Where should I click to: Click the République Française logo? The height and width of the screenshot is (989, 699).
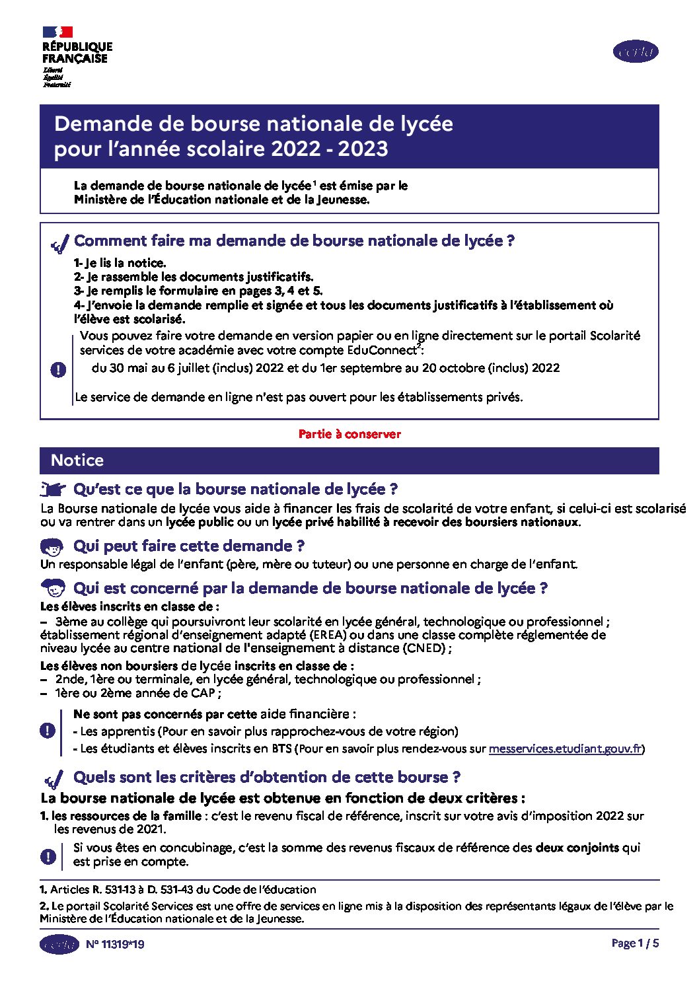tap(77, 57)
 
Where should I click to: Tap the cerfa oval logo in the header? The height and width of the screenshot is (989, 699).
tap(636, 52)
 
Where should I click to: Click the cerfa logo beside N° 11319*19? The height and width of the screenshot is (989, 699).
tap(59, 944)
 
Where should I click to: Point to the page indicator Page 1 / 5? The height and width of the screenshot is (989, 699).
tap(635, 943)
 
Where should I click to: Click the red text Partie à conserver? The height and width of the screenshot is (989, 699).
tap(349, 434)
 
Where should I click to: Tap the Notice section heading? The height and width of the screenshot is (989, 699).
tap(77, 460)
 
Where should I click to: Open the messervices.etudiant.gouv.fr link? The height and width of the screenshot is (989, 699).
tap(565, 749)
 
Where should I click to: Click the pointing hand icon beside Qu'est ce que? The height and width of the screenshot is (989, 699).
tap(53, 490)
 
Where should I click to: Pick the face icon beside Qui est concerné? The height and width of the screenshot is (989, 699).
tap(53, 587)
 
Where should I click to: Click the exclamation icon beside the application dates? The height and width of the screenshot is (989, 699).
tap(58, 369)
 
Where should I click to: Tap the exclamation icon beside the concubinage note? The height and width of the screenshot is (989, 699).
tap(48, 856)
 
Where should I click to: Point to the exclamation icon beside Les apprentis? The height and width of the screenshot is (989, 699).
tap(48, 731)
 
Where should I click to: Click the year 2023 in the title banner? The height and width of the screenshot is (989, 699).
tap(363, 149)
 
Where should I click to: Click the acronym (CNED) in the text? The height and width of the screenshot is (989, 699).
tap(425, 648)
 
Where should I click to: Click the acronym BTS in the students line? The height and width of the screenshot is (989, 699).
tap(281, 749)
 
